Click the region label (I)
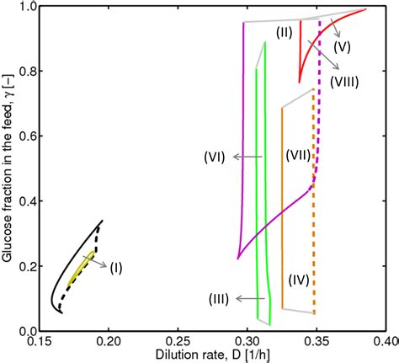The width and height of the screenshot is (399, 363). (115, 267)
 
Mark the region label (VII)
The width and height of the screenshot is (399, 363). (300, 156)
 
